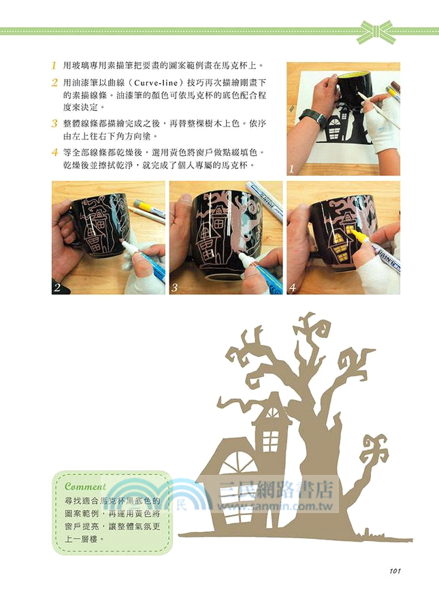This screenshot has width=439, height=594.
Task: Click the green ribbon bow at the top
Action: [376, 31]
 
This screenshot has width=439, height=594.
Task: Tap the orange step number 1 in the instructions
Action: [53, 67]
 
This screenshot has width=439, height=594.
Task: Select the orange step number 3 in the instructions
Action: [53, 124]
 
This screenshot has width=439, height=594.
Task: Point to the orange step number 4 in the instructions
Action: [53, 152]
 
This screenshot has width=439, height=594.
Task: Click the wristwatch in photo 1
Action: [312, 117]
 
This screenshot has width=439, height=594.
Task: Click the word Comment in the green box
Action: [85, 486]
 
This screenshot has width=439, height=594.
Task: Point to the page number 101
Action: [399, 570]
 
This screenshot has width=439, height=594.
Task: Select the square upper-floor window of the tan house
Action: [272, 440]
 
